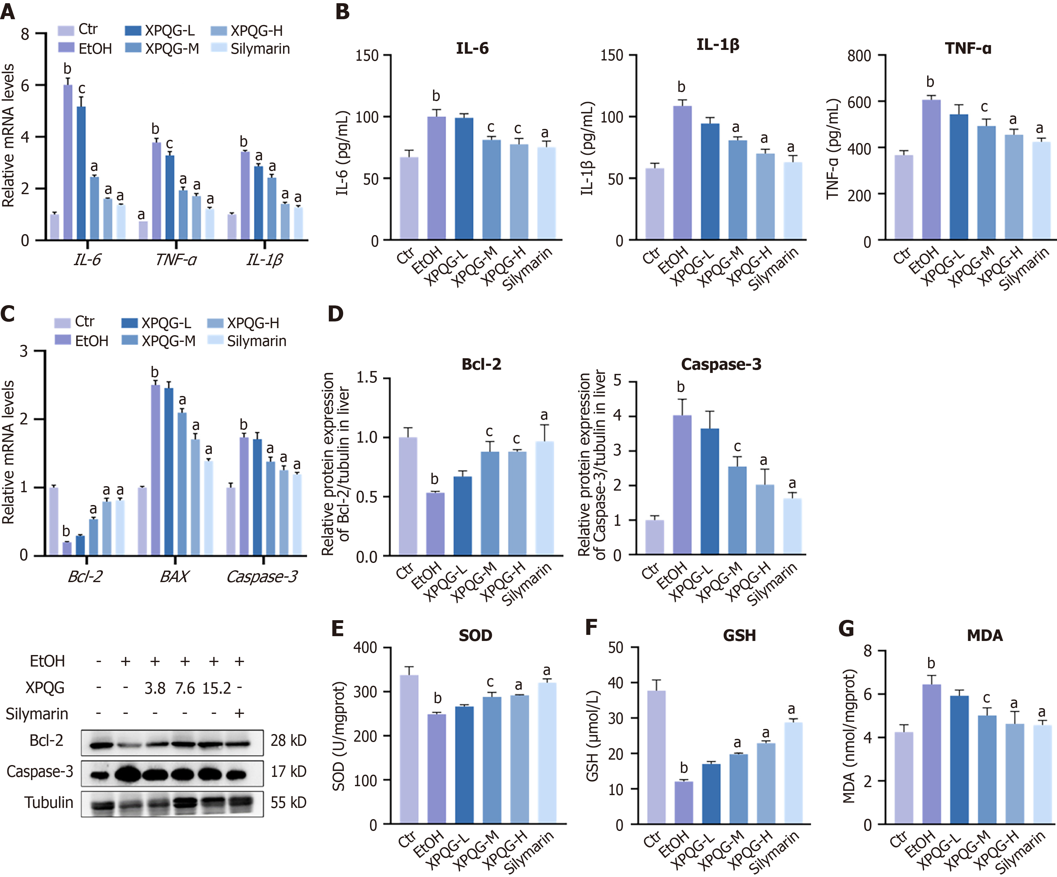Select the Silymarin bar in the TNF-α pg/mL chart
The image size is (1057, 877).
point(1041,191)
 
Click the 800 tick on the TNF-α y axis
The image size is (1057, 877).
point(859,55)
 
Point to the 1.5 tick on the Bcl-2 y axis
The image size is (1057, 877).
point(367,378)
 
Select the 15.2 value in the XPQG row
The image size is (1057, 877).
point(217,688)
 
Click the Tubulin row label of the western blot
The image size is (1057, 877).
point(48,802)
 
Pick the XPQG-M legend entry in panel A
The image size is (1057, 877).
point(162,49)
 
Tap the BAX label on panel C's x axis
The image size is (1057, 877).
point(174,576)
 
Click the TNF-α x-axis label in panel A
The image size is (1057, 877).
point(176,260)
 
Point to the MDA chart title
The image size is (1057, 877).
point(984,635)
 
